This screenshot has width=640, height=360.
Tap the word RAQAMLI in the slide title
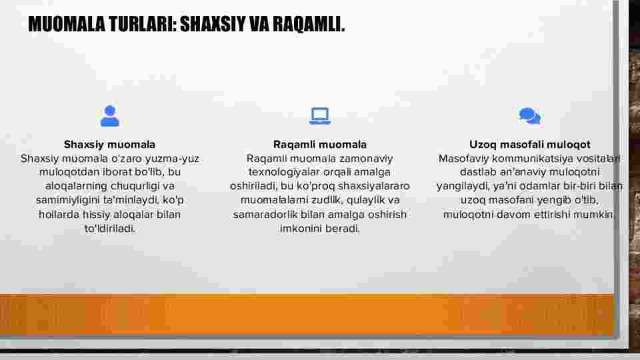pos(309,24)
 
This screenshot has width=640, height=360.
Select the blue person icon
pos(110,116)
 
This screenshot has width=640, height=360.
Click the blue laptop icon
pos(320,116)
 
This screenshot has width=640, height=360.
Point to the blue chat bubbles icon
pos(530,116)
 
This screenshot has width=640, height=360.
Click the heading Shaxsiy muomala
pos(109,145)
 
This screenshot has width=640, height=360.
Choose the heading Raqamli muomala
pos(320,145)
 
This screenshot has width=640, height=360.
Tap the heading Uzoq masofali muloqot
pos(530,145)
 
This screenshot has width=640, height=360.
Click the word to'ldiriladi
pos(110,229)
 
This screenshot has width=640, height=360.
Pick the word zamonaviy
pos(366,159)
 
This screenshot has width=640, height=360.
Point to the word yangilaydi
pos(463,187)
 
